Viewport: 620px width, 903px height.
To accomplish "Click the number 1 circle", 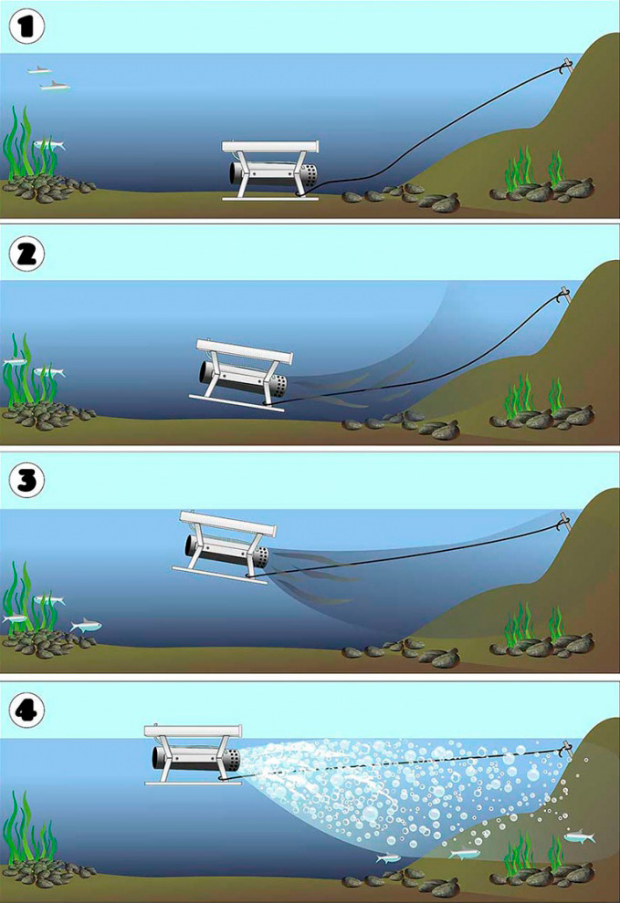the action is (x=27, y=26).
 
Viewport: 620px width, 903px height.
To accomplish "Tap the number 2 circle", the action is (x=27, y=254).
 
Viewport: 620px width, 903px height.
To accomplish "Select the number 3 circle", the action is (x=27, y=481).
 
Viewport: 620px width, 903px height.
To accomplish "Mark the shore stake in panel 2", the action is (x=564, y=296).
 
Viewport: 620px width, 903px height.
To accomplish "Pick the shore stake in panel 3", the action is (x=564, y=522).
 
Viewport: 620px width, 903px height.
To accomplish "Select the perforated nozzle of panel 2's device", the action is (x=278, y=386).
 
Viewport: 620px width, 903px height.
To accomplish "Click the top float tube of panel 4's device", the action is (x=194, y=732).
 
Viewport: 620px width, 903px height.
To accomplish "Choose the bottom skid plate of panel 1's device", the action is (x=270, y=199).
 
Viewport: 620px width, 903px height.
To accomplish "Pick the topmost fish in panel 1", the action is (x=39, y=69).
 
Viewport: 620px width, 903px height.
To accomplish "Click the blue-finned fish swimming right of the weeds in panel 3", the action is (x=86, y=625).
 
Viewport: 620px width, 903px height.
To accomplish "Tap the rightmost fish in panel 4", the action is (x=579, y=836).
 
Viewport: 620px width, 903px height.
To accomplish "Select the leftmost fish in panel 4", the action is (x=388, y=858).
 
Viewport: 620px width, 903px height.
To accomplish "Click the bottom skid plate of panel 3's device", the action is (x=220, y=575).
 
